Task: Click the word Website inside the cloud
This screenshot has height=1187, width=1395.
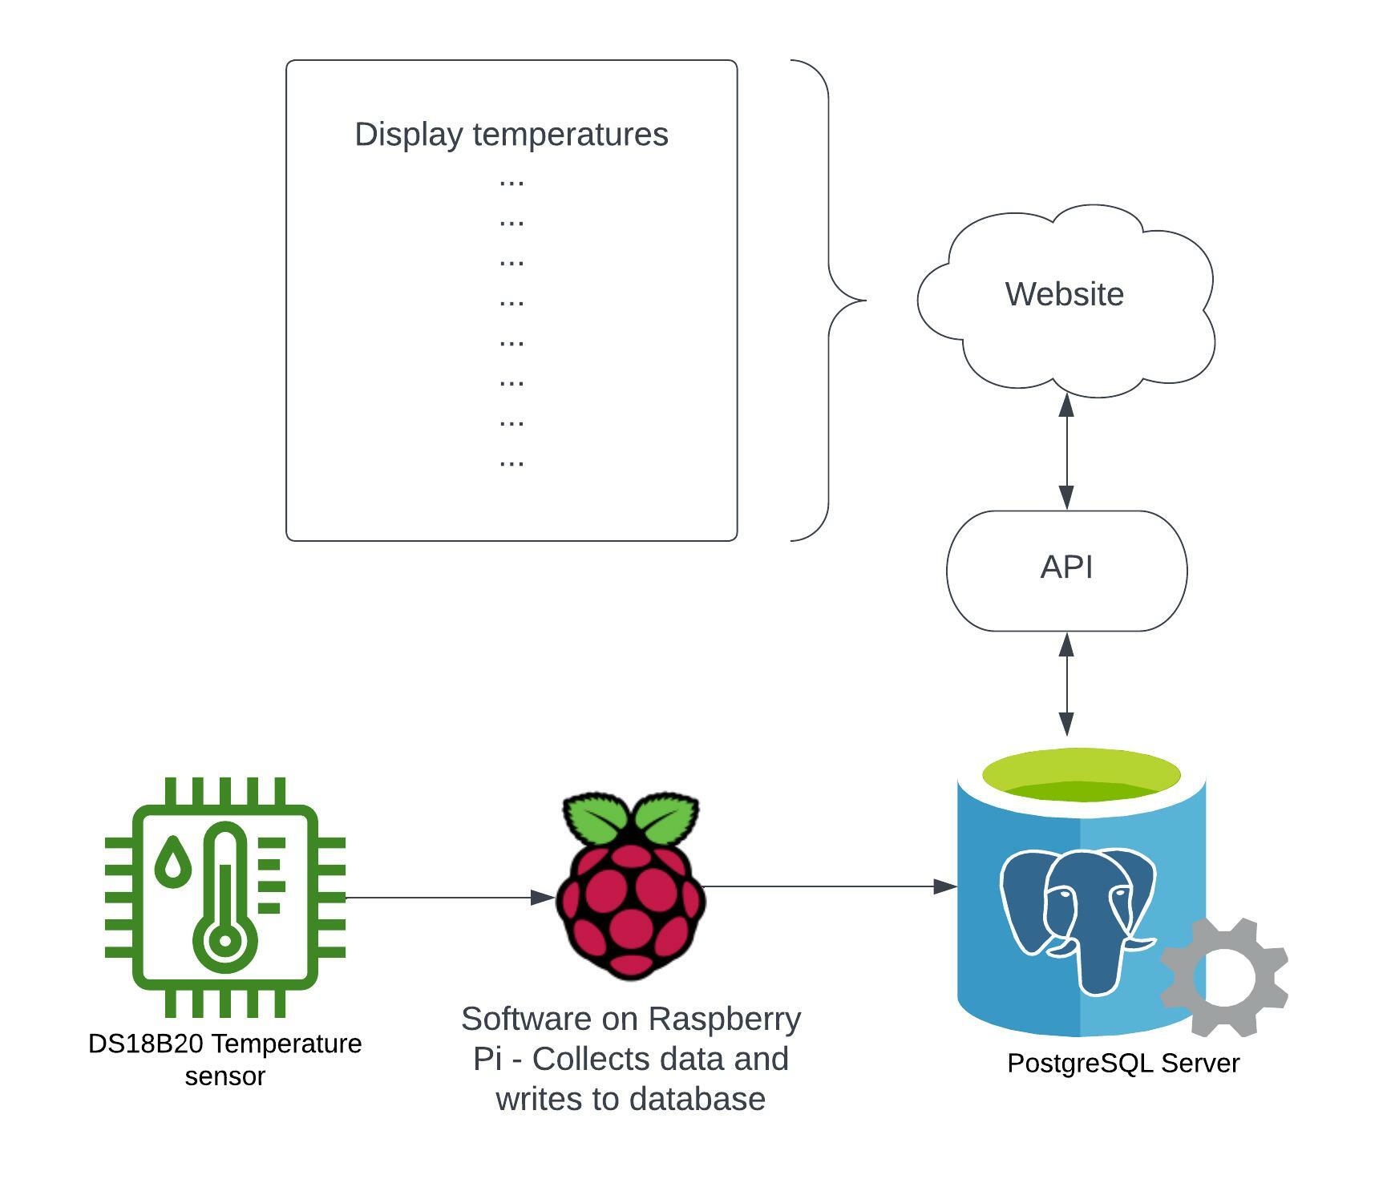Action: pyautogui.click(x=1064, y=294)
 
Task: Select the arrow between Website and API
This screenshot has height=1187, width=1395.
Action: pyautogui.click(x=1066, y=453)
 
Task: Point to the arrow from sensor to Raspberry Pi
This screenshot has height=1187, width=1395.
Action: pyautogui.click(x=449, y=898)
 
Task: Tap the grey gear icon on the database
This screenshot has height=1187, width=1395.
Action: pyautogui.click(x=1223, y=978)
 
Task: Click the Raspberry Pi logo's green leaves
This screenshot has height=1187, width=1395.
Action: pyautogui.click(x=631, y=818)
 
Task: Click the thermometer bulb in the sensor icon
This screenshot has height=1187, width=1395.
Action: pyautogui.click(x=225, y=940)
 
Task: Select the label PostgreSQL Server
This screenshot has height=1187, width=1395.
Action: pyautogui.click(x=1123, y=1064)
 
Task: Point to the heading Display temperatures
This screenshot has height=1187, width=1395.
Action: pyautogui.click(x=511, y=134)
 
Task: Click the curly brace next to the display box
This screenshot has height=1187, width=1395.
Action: pyautogui.click(x=830, y=301)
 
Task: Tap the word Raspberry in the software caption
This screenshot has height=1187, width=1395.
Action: pyautogui.click(x=725, y=1019)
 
